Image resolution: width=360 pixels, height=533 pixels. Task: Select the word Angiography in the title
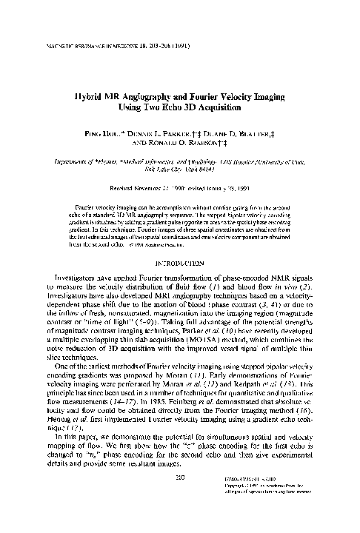[162, 97]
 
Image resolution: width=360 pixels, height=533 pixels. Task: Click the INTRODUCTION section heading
[180, 241]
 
